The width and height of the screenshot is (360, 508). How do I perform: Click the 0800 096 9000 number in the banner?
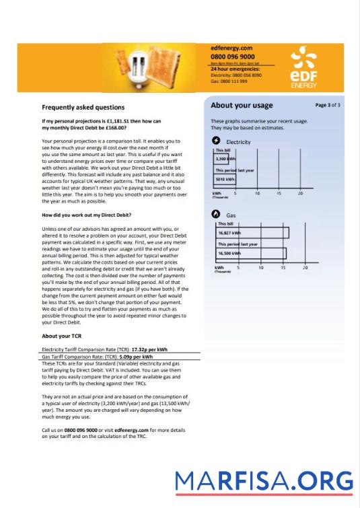(x=232, y=57)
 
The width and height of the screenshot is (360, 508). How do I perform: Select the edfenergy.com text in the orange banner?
(x=231, y=48)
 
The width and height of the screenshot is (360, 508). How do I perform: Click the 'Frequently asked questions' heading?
(x=83, y=107)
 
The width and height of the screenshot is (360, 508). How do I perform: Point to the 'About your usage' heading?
(x=242, y=106)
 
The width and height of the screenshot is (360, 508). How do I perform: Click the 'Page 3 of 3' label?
(x=328, y=106)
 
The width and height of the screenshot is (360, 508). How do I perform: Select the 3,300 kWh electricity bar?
(x=223, y=159)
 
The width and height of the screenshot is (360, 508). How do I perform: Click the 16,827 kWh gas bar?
(x=250, y=233)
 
